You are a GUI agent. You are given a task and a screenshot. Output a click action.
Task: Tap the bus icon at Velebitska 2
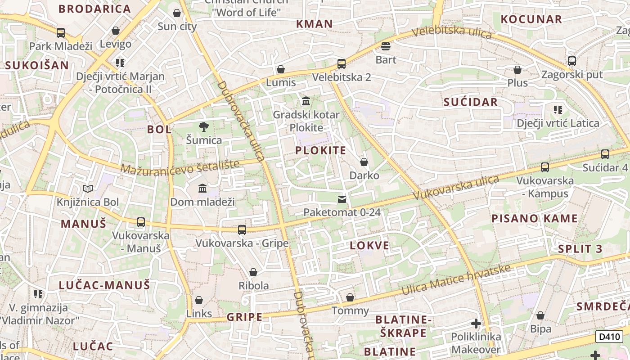[342, 63]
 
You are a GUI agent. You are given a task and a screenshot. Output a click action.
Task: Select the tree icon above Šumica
[204, 127]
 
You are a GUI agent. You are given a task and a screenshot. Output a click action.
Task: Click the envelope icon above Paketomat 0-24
[342, 199]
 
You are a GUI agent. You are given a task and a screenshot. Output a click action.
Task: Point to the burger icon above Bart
[386, 46]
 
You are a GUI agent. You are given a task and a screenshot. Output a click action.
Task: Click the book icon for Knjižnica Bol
[88, 189]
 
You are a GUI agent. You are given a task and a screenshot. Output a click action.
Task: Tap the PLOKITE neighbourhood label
[321, 151]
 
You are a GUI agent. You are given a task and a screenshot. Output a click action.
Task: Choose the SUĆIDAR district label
[471, 102]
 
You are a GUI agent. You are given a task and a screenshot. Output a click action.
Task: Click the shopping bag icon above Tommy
[350, 297]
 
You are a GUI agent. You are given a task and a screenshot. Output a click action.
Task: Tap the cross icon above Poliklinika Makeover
[476, 324]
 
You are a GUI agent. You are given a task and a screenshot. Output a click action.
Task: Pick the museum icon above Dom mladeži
[202, 189]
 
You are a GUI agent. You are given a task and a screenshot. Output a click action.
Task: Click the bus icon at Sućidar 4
[605, 154]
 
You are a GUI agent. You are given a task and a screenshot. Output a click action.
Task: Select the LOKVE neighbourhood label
[369, 246]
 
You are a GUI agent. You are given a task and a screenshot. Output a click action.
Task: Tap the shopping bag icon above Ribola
[253, 272]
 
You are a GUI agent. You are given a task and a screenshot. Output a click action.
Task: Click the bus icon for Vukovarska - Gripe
[242, 230]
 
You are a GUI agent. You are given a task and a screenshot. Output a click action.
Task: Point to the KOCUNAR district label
[531, 19]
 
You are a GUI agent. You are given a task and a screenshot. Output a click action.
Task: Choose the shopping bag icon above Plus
[517, 70]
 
